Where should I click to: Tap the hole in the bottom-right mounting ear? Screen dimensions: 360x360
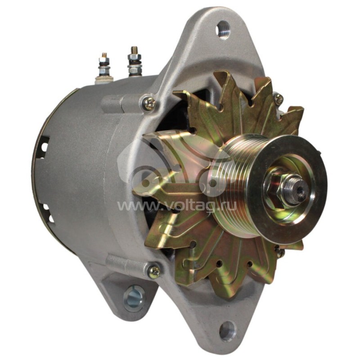tap(228, 331)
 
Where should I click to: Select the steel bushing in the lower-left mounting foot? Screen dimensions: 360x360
tap(134, 297)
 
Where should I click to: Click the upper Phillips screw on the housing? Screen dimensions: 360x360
tap(149, 104)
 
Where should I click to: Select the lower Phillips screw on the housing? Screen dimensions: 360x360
tap(154, 270)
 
